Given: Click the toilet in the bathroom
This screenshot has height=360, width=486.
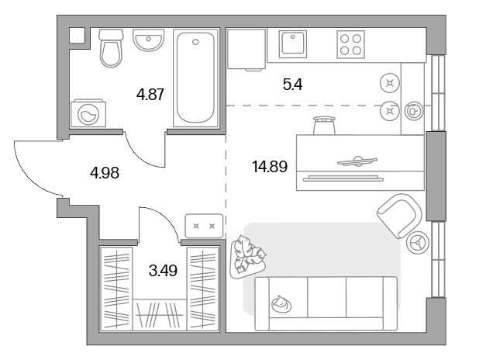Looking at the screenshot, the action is pos(111,48).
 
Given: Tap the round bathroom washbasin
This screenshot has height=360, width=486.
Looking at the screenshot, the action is pos(149,40).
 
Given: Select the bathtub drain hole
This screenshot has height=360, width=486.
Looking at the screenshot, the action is pos(195,42).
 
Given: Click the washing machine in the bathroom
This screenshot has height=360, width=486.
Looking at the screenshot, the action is pos(88,113).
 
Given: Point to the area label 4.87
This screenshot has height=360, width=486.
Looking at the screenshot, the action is pos(150,95).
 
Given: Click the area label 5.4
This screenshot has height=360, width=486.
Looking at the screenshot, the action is pos(292,85).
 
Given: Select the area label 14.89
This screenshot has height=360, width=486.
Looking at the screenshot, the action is pos(270,167).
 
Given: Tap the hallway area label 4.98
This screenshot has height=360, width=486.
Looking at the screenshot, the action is pos(105,173).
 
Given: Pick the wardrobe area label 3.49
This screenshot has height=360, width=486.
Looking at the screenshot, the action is pos(163,271).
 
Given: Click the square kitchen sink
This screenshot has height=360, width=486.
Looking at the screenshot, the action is pos(292,44).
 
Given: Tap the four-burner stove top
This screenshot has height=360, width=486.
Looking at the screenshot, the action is pos(350,44).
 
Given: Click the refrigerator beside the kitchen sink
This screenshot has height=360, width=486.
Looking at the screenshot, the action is pos(246,49).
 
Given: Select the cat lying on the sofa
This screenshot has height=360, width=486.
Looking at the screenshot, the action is pos(281,304).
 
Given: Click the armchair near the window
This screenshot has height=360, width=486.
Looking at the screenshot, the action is pos(400,216).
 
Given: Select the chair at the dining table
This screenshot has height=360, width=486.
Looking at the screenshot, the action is pos(324,125).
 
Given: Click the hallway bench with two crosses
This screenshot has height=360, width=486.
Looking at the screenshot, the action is pos(204,226).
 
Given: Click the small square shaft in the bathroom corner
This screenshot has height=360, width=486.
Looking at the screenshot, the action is pos(77,36).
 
